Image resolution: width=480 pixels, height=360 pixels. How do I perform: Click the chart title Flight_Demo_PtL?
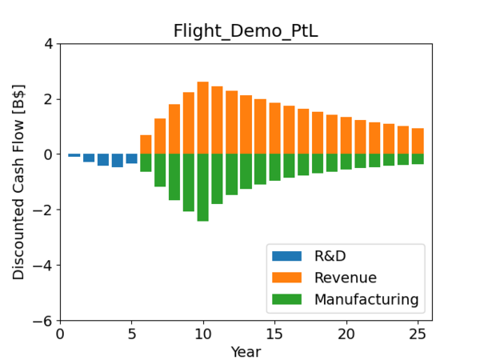pos(240,31)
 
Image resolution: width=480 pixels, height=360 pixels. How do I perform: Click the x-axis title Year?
pos(246,351)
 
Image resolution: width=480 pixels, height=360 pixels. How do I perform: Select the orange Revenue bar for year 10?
pos(203,118)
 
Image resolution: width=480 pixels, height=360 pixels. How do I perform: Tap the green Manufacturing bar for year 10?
pos(203,187)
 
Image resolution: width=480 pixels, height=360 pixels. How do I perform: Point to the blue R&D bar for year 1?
pos(74,155)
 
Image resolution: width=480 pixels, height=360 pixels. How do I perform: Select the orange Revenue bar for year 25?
pos(418,141)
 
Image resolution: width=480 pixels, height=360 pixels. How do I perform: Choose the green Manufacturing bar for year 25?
pos(418,158)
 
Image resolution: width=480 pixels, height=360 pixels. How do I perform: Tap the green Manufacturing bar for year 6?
pos(146,162)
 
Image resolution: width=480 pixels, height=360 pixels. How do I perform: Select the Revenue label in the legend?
pos(346,278)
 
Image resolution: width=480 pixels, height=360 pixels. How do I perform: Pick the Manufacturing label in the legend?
pos(366,299)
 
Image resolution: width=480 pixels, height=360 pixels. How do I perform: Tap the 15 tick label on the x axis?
pos(274,333)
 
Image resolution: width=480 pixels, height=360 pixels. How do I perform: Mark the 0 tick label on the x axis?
pos(60,333)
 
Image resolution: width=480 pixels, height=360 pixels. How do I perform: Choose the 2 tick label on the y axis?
pos(50,99)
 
